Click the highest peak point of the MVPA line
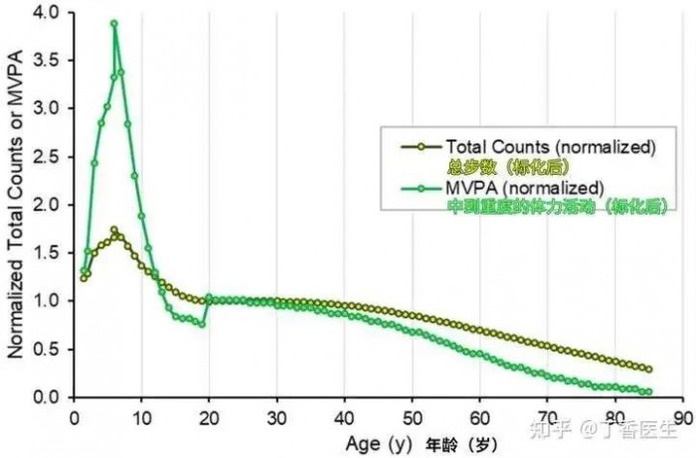click(114, 23)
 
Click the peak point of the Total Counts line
click(114, 230)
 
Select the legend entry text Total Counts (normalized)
click(551, 147)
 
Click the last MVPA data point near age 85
click(648, 391)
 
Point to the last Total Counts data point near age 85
click(648, 369)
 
